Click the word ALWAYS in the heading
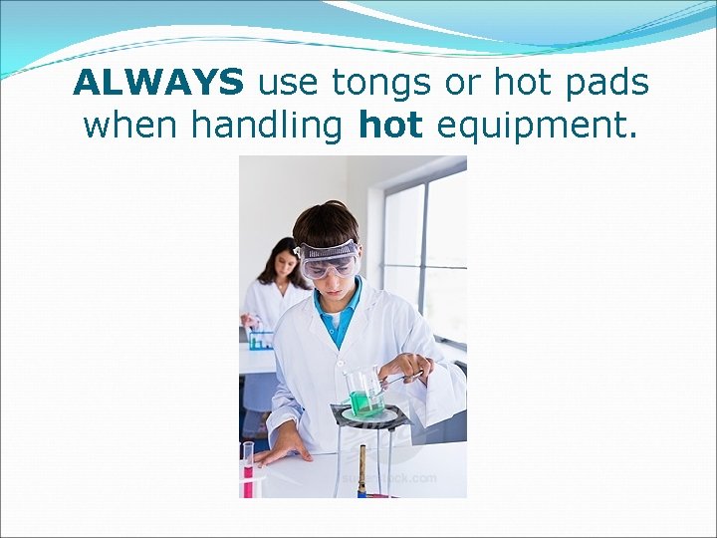(158, 84)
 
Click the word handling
(266, 126)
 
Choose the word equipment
(535, 126)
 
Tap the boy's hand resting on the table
(277, 452)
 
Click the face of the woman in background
(283, 264)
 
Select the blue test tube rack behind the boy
(261, 340)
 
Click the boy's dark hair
(326, 224)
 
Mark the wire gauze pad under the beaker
(368, 413)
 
